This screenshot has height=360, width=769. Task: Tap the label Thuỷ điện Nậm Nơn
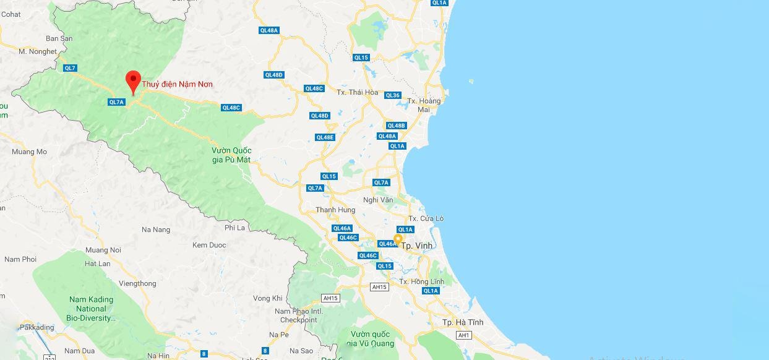[x=177, y=84]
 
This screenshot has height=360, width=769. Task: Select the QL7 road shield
[x=70, y=68]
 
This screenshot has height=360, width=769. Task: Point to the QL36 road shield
[x=393, y=95]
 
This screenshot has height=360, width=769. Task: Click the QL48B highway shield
[x=396, y=126]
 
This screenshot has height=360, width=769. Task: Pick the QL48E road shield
[x=325, y=137]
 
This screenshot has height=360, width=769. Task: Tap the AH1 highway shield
[x=463, y=335]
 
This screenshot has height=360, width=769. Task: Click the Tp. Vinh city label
[x=417, y=246]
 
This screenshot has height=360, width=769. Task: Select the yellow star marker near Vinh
[x=398, y=238]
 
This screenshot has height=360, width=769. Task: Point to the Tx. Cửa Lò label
[x=426, y=218]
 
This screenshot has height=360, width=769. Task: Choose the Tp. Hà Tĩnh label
[x=462, y=322]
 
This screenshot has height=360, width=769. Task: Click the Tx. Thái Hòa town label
[x=357, y=92]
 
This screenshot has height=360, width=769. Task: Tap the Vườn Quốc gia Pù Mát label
[x=231, y=155]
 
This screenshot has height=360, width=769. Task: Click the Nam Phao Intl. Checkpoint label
[x=298, y=315]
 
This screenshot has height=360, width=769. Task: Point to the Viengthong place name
[x=137, y=283]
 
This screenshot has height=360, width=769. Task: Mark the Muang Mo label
[x=29, y=152]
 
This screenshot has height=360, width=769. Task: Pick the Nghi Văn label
[x=378, y=200]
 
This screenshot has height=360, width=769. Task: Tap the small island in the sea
[x=471, y=81]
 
